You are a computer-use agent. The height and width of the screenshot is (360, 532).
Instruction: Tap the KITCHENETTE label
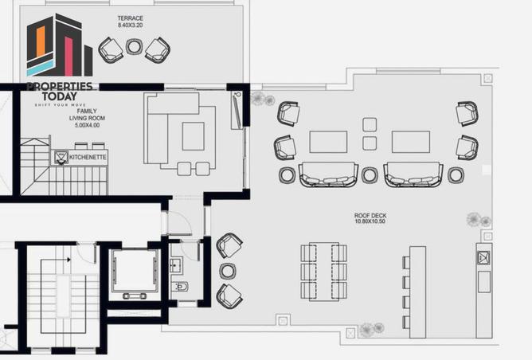[x=86, y=158]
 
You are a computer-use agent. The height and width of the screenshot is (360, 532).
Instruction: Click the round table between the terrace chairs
[x=134, y=48]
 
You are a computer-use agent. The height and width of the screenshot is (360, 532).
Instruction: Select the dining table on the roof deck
[x=324, y=272]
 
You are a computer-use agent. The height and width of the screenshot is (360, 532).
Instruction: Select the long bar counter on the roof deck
[x=417, y=292]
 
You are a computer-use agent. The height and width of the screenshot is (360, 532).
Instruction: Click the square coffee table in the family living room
[x=194, y=135]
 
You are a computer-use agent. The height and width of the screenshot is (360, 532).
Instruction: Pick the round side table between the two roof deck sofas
[x=369, y=174]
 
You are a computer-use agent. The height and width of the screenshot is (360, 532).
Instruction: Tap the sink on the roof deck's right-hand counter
[x=483, y=256]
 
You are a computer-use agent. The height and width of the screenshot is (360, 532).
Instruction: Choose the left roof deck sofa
[x=328, y=174]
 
